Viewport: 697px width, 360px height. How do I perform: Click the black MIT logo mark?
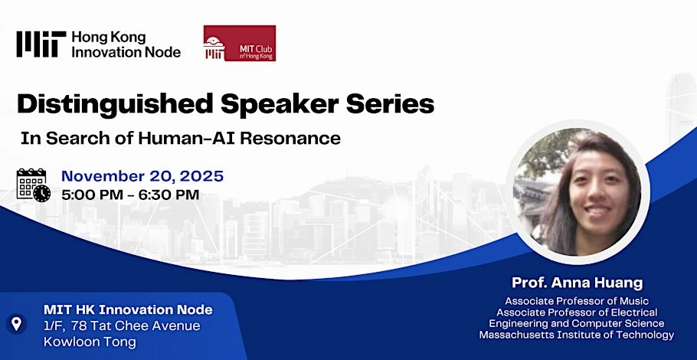41,44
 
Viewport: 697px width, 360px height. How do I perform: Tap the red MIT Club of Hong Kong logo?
240,43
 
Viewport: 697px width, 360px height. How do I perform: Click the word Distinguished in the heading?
115,104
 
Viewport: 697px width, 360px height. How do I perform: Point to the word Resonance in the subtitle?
291,138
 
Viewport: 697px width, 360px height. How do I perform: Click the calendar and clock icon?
34,185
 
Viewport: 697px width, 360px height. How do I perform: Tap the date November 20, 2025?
142,176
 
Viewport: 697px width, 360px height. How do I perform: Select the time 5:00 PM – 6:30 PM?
130,195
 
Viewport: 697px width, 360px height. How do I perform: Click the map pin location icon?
16,323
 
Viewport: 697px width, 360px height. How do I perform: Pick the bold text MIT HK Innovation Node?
128,309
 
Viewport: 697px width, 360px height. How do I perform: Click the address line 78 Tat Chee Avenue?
136,326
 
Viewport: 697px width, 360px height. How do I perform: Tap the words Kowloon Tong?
90,342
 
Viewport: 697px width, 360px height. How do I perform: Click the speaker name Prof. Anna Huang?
578,283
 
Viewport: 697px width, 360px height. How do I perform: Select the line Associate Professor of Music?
577,301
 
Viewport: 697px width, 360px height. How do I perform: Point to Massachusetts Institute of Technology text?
577,335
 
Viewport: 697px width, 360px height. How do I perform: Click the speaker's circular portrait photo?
578,192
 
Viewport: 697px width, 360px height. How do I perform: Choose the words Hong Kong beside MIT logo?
109,38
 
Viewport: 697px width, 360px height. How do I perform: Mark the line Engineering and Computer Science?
577,323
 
